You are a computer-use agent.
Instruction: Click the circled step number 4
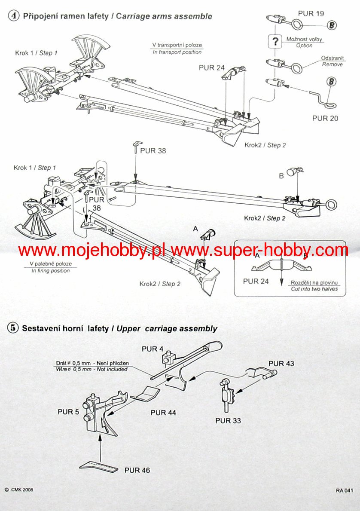pos(14,16)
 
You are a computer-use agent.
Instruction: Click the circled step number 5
pos(13,328)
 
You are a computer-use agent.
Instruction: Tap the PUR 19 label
pos(311,13)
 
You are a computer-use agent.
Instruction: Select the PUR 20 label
pos(325,118)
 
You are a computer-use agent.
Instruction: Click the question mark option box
pos(274,42)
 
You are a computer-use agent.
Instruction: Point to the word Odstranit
pos(332,58)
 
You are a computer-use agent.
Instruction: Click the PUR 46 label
pos(137,470)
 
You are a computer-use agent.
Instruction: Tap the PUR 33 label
pos(228,420)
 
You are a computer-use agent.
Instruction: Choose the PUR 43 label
pos(281,364)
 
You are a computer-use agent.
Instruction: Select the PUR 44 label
pos(163,413)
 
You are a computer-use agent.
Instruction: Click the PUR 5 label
pos(68,412)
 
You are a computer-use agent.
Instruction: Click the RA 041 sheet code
pos(345,490)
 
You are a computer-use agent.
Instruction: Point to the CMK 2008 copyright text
pos(19,490)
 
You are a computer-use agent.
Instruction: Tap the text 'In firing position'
pos(51,271)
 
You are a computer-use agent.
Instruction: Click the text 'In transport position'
pos(177,52)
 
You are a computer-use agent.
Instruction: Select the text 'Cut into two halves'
pos(314,289)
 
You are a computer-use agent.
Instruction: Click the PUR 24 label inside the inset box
pos(256,282)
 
